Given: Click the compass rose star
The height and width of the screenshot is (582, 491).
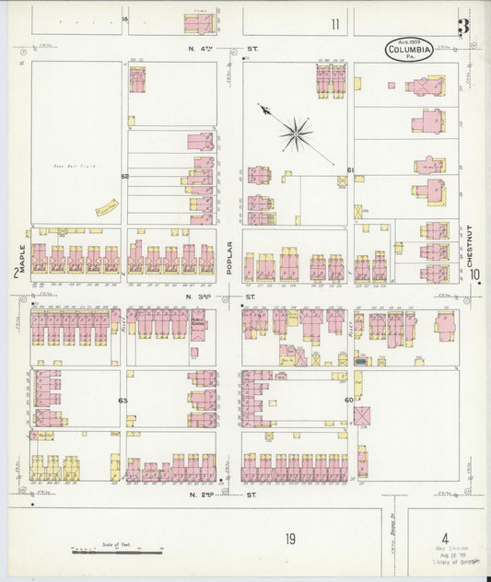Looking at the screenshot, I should click(x=296, y=134).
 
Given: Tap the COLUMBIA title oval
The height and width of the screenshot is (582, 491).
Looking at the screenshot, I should click(x=409, y=50).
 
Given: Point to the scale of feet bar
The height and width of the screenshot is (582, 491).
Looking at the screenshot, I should click(x=111, y=552).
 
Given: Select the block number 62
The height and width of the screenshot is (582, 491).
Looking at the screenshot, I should click(x=123, y=175).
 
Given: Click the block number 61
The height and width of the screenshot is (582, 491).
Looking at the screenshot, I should click(x=350, y=170).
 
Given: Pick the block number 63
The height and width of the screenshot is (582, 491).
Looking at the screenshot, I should click(x=123, y=401).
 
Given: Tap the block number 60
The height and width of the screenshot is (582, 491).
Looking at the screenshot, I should click(x=349, y=401).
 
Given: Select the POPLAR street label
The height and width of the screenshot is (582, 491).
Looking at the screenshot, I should click(x=229, y=258).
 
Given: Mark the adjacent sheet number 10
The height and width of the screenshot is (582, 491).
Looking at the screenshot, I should click(x=473, y=274).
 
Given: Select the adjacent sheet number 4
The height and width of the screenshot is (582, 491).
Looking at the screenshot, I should click(x=444, y=538).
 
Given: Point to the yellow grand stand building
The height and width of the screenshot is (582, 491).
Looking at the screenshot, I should click(x=105, y=205).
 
